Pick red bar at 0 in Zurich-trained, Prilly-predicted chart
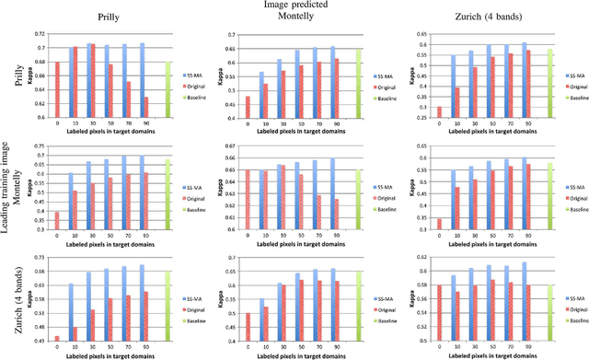57,339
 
